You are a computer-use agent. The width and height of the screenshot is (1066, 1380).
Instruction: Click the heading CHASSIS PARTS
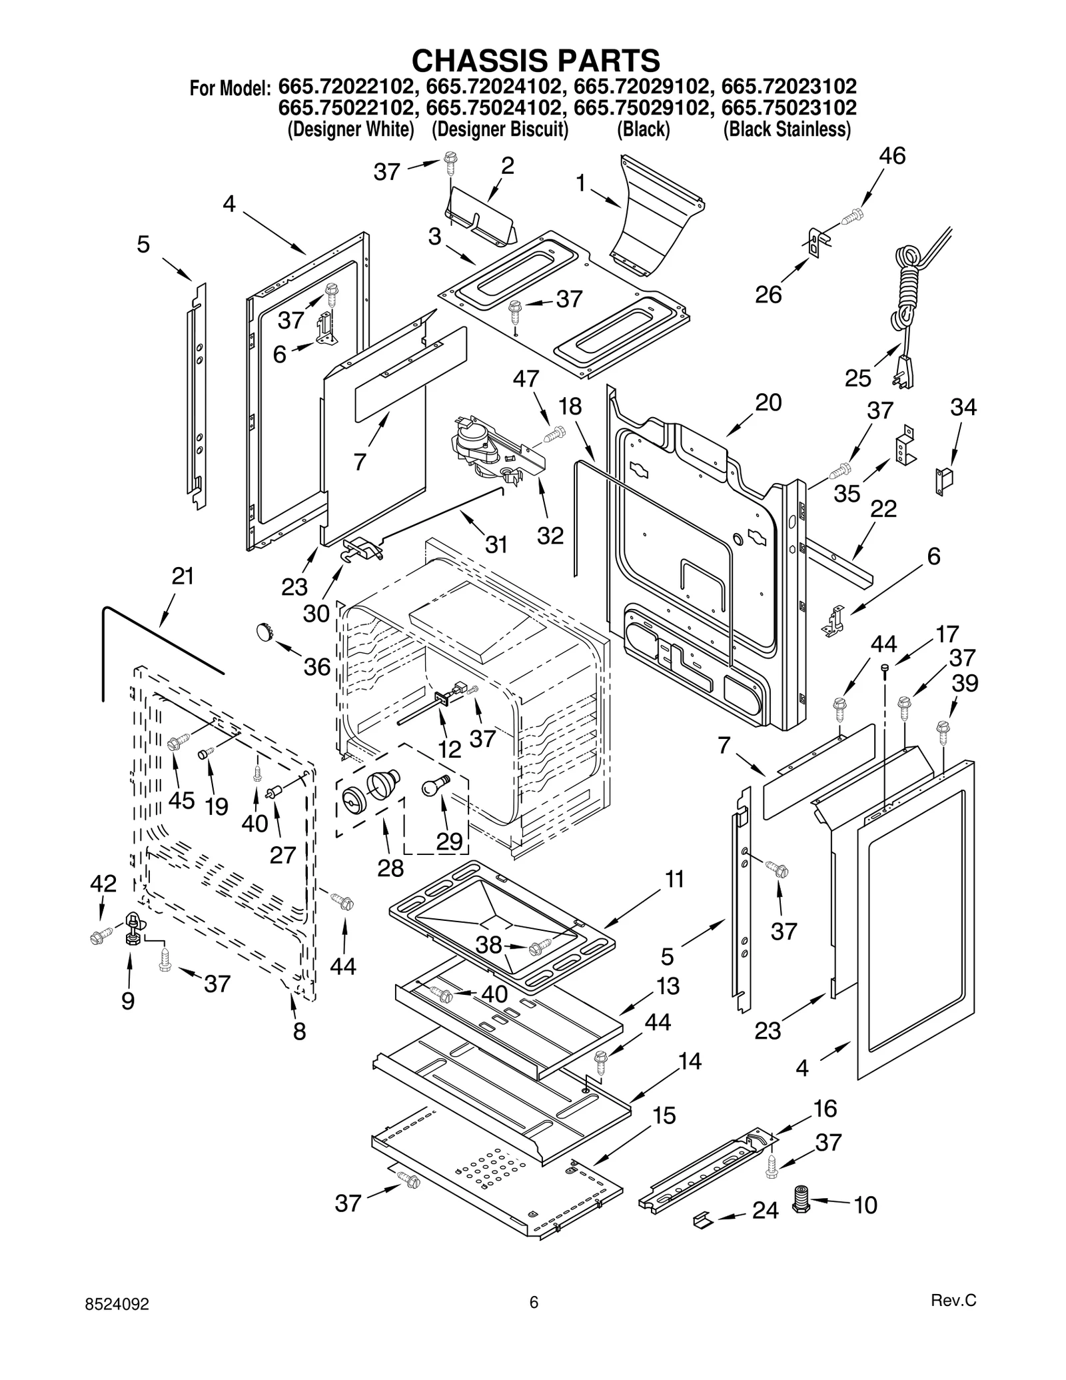pyautogui.click(x=536, y=61)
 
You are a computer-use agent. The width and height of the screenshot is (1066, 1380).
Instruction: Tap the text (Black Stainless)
pyautogui.click(x=787, y=129)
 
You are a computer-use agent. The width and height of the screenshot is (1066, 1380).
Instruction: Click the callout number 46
pyautogui.click(x=891, y=156)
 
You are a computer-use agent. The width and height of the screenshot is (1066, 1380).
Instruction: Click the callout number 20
pyautogui.click(x=768, y=402)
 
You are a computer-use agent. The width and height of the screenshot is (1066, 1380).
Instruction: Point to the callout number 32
pyautogui.click(x=550, y=535)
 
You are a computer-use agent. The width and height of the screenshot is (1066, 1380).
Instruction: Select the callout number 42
pyautogui.click(x=103, y=884)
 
